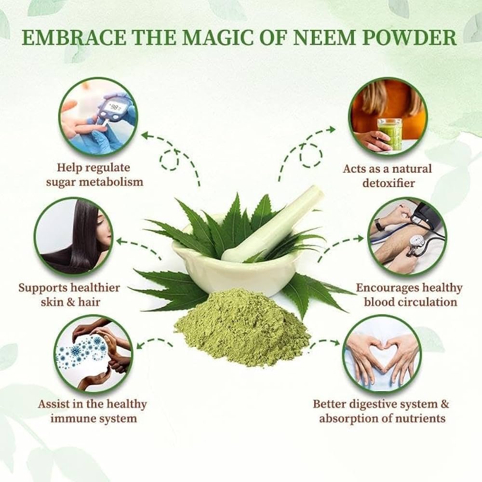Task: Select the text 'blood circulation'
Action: pyautogui.click(x=410, y=302)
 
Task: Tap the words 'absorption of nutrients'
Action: pyautogui.click(x=382, y=418)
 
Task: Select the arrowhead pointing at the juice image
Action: pyautogui.click(x=332, y=129)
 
